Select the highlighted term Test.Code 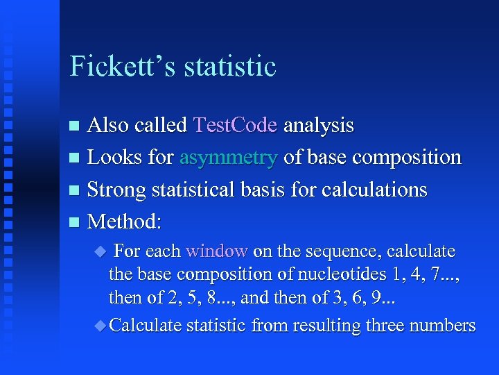236,126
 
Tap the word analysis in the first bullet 319,126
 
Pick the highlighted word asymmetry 229,158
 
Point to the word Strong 116,190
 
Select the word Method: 125,222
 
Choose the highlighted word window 217,251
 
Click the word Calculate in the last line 146,326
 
